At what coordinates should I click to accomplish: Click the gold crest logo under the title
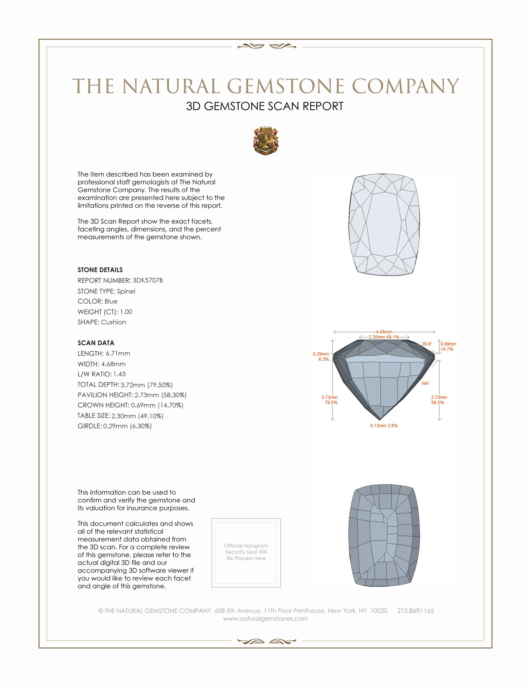265,141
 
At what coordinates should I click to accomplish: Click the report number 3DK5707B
147,280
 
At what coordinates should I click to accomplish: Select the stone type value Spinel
126,291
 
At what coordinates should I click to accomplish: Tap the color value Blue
111,301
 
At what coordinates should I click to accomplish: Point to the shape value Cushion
113,322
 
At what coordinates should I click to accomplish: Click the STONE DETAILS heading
100,270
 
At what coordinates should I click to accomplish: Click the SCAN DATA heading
96,343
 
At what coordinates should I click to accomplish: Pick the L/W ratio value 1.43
119,374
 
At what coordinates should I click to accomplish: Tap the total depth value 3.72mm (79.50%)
146,385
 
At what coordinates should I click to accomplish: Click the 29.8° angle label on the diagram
427,344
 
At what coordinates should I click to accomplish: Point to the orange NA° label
426,383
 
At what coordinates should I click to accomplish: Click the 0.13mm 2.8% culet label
384,426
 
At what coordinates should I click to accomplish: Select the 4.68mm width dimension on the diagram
384,332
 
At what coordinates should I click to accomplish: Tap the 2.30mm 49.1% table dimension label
384,337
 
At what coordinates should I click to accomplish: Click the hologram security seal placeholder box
246,553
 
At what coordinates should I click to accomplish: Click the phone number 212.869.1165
415,610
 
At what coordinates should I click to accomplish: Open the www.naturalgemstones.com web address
265,618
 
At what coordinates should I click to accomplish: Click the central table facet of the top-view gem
384,223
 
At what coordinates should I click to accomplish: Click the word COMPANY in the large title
405,86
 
